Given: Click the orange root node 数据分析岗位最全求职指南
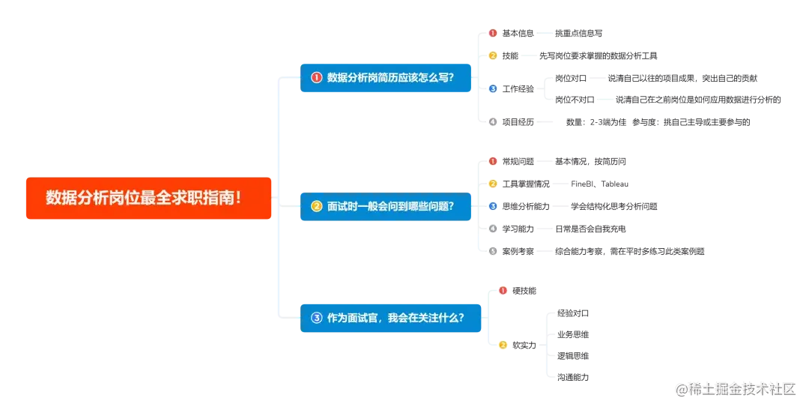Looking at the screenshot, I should click(148, 198).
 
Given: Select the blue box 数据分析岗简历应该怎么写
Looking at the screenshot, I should click(386, 77).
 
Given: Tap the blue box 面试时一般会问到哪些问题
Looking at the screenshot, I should click(386, 206).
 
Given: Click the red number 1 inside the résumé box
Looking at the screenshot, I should click(316, 77).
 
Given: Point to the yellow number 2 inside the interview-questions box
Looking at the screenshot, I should click(316, 206).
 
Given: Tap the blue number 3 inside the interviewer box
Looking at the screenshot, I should click(316, 318).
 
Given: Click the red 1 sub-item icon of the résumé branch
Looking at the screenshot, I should click(492, 33).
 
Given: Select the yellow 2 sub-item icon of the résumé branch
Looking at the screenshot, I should click(492, 55).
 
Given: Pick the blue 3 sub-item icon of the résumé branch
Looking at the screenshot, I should click(492, 88).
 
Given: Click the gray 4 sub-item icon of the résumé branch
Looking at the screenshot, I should click(492, 121).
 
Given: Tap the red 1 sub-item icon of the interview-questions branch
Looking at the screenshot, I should click(492, 161).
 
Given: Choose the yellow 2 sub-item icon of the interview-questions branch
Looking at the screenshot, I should click(492, 184).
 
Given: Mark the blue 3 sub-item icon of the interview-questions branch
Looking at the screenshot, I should click(492, 206).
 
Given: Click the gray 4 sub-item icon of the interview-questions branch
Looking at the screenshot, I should click(492, 229).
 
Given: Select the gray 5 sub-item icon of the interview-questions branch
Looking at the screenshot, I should click(492, 251).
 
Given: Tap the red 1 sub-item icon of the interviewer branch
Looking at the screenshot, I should click(503, 290).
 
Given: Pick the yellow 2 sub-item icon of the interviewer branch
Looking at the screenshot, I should click(503, 346).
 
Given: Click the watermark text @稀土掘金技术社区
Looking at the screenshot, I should click(735, 388).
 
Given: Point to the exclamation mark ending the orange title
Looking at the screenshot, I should click(238, 198).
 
